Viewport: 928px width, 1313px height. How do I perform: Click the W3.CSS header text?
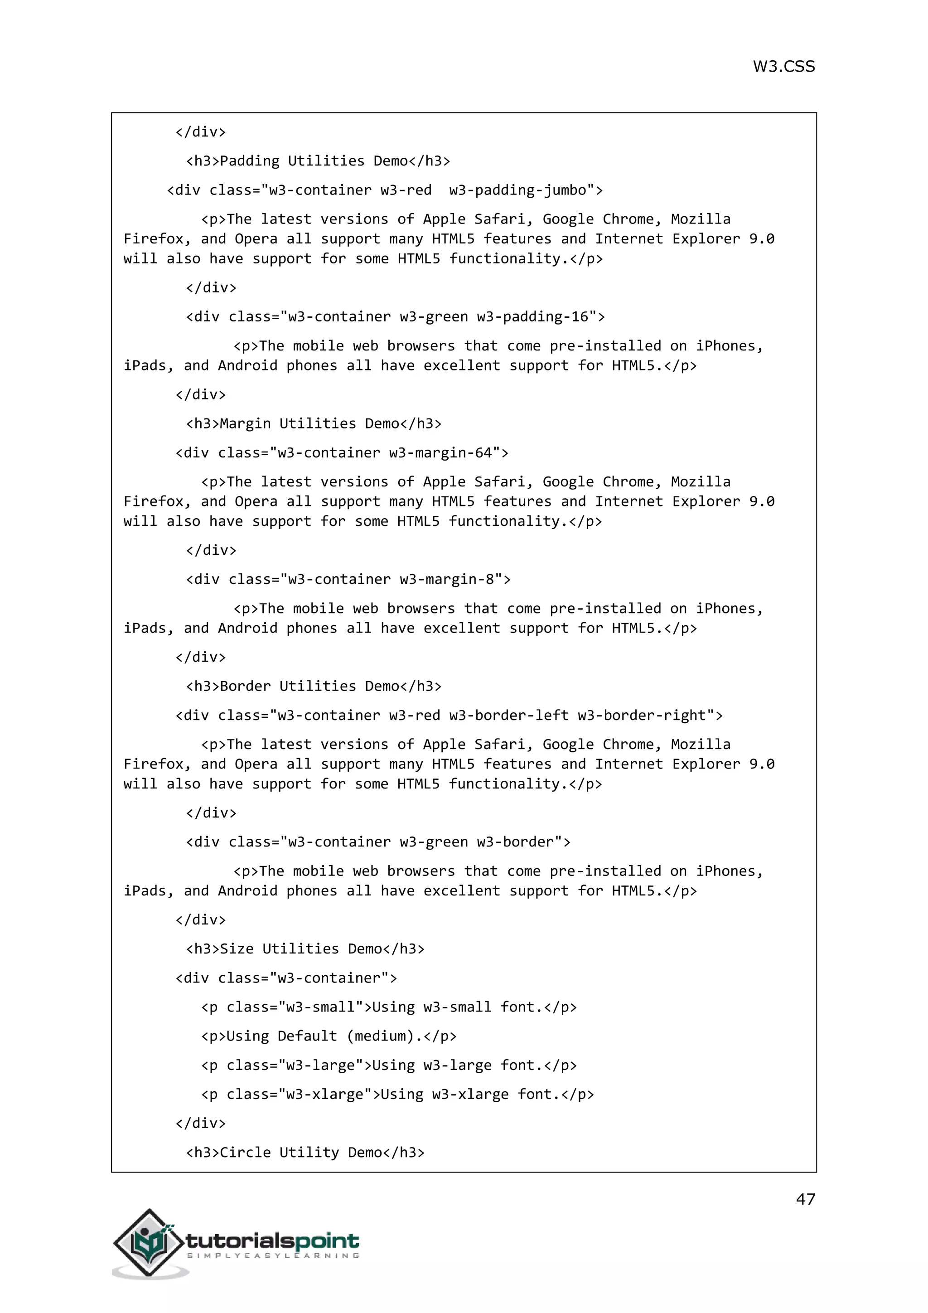click(x=783, y=66)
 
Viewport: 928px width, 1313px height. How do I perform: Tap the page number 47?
click(x=805, y=1199)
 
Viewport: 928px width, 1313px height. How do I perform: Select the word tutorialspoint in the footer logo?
click(x=273, y=1240)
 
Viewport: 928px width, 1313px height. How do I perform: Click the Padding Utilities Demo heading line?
click(x=318, y=160)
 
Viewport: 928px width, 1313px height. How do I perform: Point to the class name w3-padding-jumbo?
click(x=518, y=190)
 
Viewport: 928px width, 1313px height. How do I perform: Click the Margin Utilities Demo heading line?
click(x=314, y=424)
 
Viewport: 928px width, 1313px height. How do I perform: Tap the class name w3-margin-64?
click(x=440, y=453)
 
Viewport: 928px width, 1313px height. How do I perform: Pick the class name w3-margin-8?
click(x=446, y=579)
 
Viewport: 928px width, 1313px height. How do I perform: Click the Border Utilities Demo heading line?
click(x=314, y=686)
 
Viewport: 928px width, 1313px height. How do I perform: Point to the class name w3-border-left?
click(x=508, y=715)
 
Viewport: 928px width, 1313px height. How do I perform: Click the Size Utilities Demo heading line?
click(x=305, y=949)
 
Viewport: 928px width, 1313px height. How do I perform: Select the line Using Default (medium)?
click(x=329, y=1036)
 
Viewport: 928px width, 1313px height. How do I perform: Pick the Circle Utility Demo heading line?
click(x=305, y=1153)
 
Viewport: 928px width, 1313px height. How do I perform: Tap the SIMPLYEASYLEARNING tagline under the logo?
click(x=273, y=1256)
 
